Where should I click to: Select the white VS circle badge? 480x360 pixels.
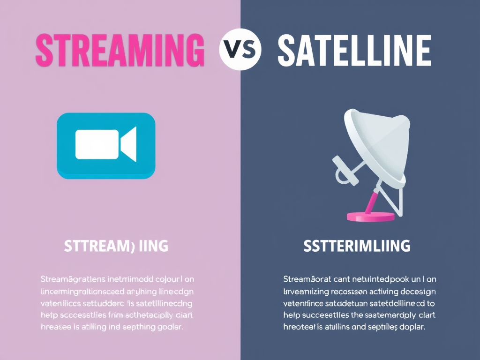(240, 49)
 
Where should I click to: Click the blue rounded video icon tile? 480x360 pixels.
(106, 145)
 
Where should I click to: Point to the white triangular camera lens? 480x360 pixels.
(129, 144)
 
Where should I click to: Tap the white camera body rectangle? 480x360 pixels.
(97, 144)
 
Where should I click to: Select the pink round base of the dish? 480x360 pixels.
(370, 216)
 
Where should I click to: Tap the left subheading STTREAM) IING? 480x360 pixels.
(116, 246)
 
